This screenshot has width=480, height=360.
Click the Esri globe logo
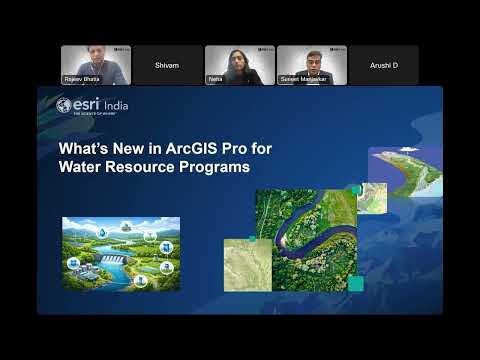coord(64,105)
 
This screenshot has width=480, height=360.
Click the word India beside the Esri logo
coord(116,105)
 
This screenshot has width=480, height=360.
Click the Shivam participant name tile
coord(167,65)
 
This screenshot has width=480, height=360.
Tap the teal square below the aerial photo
coord(355,284)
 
